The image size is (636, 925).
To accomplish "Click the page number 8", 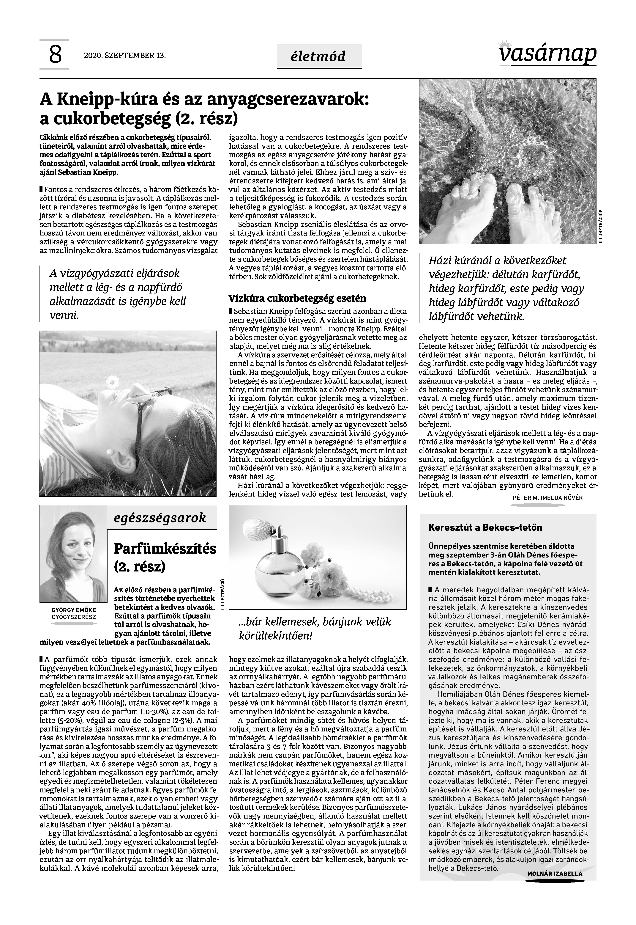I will [55, 55].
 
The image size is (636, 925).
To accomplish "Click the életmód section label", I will [319, 56].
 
